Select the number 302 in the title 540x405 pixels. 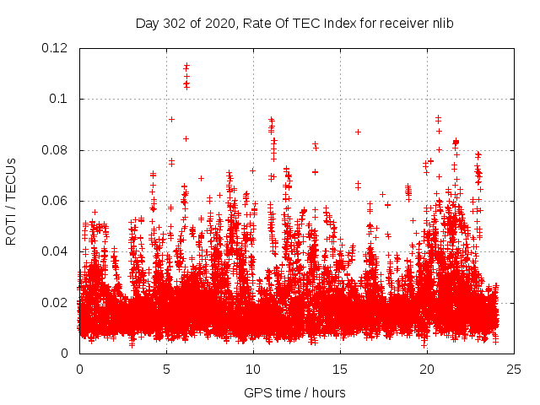tap(172, 24)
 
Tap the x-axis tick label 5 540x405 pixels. tap(166, 369)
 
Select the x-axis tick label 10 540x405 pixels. tap(253, 369)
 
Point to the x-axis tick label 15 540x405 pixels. tap(340, 369)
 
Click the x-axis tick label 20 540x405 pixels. tap(427, 369)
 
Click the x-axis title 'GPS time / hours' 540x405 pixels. tap(294, 392)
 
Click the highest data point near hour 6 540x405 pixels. tap(186, 64)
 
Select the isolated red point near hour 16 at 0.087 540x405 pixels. tap(358, 132)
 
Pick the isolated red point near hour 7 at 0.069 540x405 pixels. tap(201, 178)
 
